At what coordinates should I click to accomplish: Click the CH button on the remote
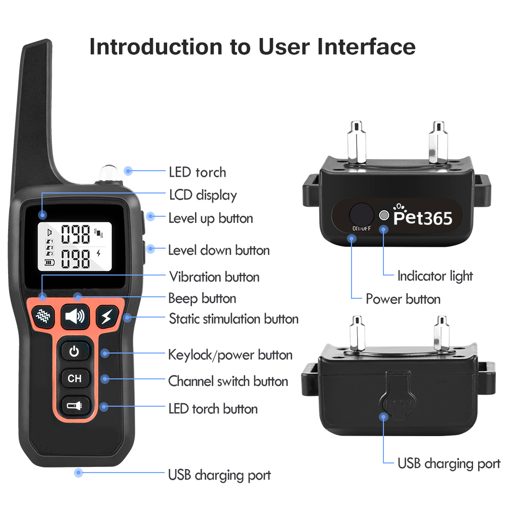point(74,378)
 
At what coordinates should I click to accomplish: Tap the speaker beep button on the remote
point(75,317)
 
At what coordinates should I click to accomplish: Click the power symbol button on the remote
point(74,351)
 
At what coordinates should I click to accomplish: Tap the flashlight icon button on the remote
point(74,406)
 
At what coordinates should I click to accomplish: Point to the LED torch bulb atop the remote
point(108,173)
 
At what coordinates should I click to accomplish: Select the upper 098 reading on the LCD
point(76,235)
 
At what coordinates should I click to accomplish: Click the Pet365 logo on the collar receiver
point(422,217)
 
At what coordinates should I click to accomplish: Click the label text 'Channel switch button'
point(228,381)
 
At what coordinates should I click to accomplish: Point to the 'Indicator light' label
point(435,276)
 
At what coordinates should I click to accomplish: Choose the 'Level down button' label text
point(219,250)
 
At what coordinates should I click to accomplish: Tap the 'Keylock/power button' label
point(230,355)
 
